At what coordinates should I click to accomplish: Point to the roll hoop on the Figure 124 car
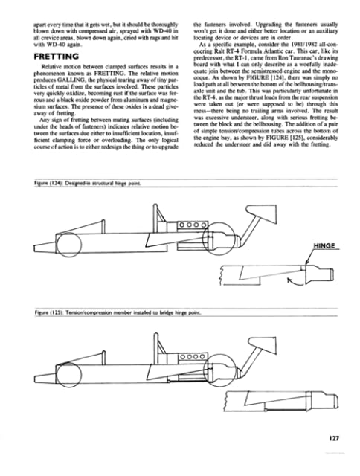158,220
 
